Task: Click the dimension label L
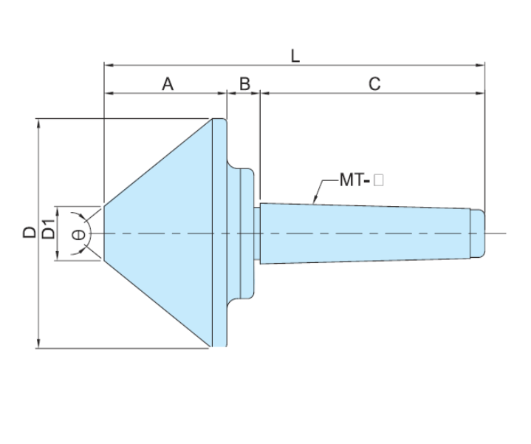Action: click(295, 56)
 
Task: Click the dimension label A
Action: click(168, 84)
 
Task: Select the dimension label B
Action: click(244, 84)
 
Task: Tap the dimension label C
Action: click(374, 84)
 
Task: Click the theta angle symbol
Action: click(78, 234)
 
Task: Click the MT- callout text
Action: click(354, 180)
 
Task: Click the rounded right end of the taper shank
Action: click(481, 233)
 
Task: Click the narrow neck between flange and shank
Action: click(258, 233)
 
